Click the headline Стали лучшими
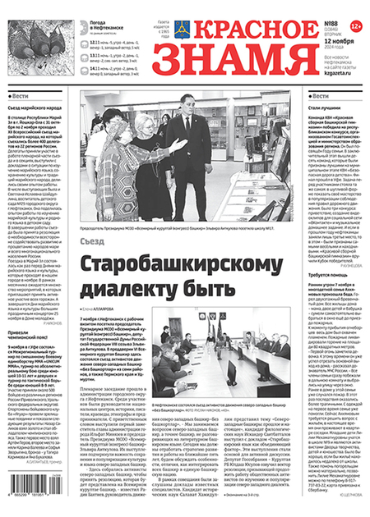click(324, 108)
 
